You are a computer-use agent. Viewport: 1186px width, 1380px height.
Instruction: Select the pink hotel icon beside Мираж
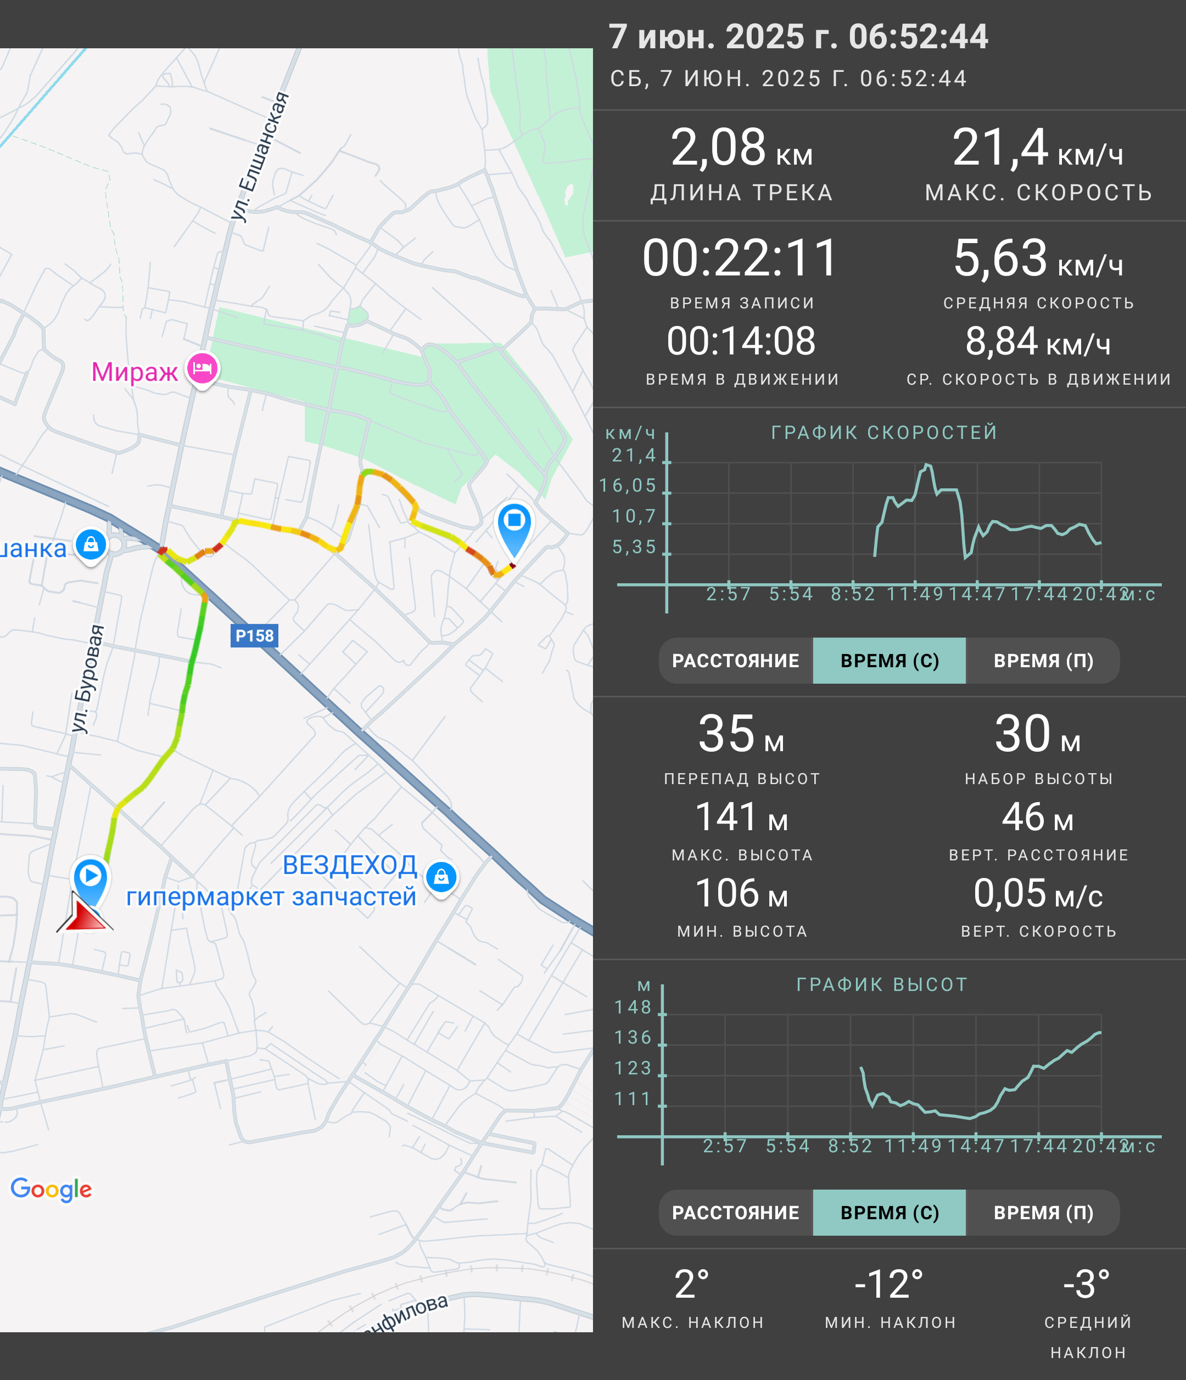pyautogui.click(x=203, y=369)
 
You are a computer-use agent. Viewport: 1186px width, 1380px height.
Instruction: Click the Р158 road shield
pyautogui.click(x=255, y=635)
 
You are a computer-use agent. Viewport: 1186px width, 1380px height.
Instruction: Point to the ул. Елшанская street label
pyautogui.click(x=260, y=156)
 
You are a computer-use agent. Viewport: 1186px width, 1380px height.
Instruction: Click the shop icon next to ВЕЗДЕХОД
pyautogui.click(x=441, y=878)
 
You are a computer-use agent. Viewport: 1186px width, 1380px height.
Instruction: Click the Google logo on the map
pyautogui.click(x=51, y=1189)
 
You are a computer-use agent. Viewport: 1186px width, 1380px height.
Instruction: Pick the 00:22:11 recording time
pyautogui.click(x=740, y=258)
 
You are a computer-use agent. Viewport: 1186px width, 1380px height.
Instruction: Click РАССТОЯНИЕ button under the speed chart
pyautogui.click(x=736, y=661)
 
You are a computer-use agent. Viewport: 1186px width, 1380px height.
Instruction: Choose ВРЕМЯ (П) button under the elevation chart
pyautogui.click(x=1043, y=1213)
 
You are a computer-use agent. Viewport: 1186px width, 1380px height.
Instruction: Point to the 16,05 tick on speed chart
pyautogui.click(x=628, y=486)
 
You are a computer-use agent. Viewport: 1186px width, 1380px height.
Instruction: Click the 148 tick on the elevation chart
pyautogui.click(x=633, y=1007)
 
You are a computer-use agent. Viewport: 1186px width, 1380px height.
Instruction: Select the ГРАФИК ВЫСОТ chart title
pyautogui.click(x=881, y=984)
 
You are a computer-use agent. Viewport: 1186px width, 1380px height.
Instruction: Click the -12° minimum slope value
pyautogui.click(x=889, y=1285)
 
